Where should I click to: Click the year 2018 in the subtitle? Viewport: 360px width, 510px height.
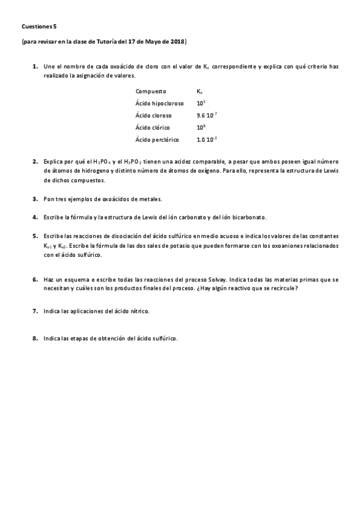point(178,41)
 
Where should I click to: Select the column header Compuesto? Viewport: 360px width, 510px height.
point(151,91)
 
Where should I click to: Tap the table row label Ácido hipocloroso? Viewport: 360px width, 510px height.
point(159,103)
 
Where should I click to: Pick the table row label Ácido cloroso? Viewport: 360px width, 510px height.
point(153,115)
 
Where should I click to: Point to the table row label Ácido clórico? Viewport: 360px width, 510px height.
point(153,127)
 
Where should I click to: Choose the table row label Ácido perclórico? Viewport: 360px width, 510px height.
point(157,140)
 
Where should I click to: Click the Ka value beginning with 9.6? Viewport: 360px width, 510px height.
point(207,115)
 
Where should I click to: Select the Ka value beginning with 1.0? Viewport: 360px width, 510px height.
point(207,140)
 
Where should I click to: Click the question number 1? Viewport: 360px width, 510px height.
point(35,66)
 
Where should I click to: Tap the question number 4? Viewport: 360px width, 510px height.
point(35,217)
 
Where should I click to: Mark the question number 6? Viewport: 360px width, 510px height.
point(35,280)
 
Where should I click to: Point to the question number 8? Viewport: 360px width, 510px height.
point(35,339)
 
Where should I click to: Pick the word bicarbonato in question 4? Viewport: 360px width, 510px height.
point(249,217)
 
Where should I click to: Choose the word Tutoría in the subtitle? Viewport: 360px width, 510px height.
point(115,41)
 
